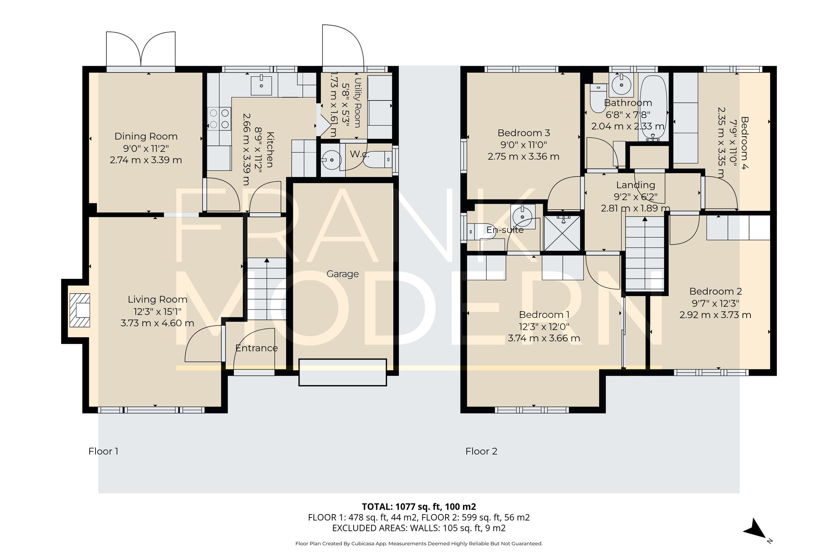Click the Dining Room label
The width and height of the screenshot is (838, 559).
click(146, 136)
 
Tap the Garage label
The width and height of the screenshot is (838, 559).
click(342, 274)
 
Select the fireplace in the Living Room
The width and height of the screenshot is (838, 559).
click(80, 310)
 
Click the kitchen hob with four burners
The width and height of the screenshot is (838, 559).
click(219, 119)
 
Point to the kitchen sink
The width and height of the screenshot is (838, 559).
click(261, 86)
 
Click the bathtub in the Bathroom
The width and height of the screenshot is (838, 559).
click(653, 108)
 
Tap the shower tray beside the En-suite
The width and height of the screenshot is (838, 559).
click(562, 233)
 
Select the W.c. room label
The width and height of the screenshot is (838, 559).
click(360, 154)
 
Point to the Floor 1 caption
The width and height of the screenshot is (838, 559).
click(103, 451)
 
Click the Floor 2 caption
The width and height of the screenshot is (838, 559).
click(481, 451)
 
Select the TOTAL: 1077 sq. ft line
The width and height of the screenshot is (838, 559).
click(419, 507)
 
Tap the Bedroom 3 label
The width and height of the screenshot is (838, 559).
click(524, 133)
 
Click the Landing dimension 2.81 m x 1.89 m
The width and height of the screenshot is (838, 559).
click(635, 208)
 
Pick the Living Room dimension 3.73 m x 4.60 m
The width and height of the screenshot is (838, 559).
click(157, 323)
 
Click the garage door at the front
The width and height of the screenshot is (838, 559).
click(342, 372)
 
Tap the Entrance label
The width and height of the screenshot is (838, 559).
click(256, 348)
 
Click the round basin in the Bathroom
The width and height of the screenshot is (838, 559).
click(621, 85)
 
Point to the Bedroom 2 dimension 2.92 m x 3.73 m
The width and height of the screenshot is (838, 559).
click(715, 315)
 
